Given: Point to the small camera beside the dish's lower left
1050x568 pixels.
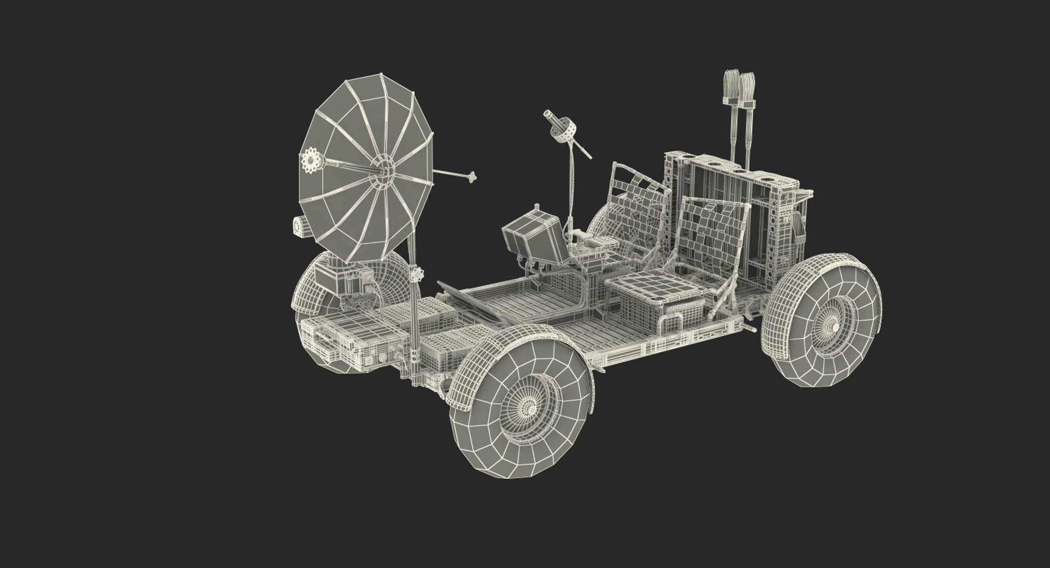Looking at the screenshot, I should coord(299,227).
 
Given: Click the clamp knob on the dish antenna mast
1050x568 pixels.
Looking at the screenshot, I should coord(418,273).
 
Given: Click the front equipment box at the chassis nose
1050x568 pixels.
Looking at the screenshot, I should coord(334,339).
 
